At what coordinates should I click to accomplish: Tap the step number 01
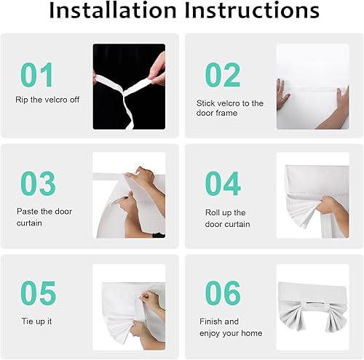point(36,75)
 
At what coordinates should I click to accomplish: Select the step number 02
point(222,75)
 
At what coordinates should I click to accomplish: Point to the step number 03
point(37,184)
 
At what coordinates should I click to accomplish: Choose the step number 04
point(223,184)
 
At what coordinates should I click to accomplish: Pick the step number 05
point(37,293)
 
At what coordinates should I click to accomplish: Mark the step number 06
point(223,293)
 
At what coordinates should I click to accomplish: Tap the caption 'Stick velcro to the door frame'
point(229,108)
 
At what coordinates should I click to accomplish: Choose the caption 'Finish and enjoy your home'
point(229,326)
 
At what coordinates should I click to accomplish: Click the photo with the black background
point(129,86)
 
